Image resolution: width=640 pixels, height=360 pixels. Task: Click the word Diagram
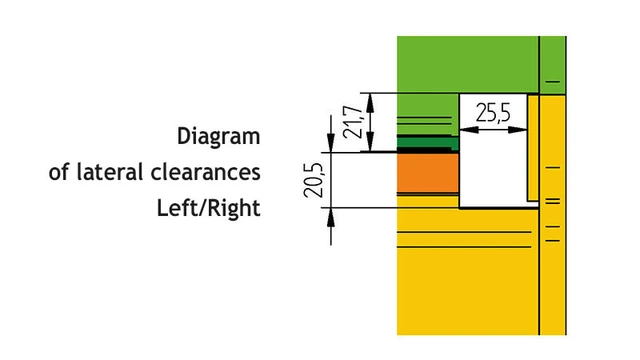point(218,136)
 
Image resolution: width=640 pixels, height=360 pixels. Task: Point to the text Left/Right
point(208,209)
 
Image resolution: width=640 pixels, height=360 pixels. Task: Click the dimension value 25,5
point(493,112)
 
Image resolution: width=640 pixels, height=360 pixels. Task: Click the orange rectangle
point(427,178)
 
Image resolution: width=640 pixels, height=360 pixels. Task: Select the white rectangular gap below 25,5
point(492,165)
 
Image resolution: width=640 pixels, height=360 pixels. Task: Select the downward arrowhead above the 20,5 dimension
point(331,145)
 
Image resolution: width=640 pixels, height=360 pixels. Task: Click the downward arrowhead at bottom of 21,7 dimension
point(371,145)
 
